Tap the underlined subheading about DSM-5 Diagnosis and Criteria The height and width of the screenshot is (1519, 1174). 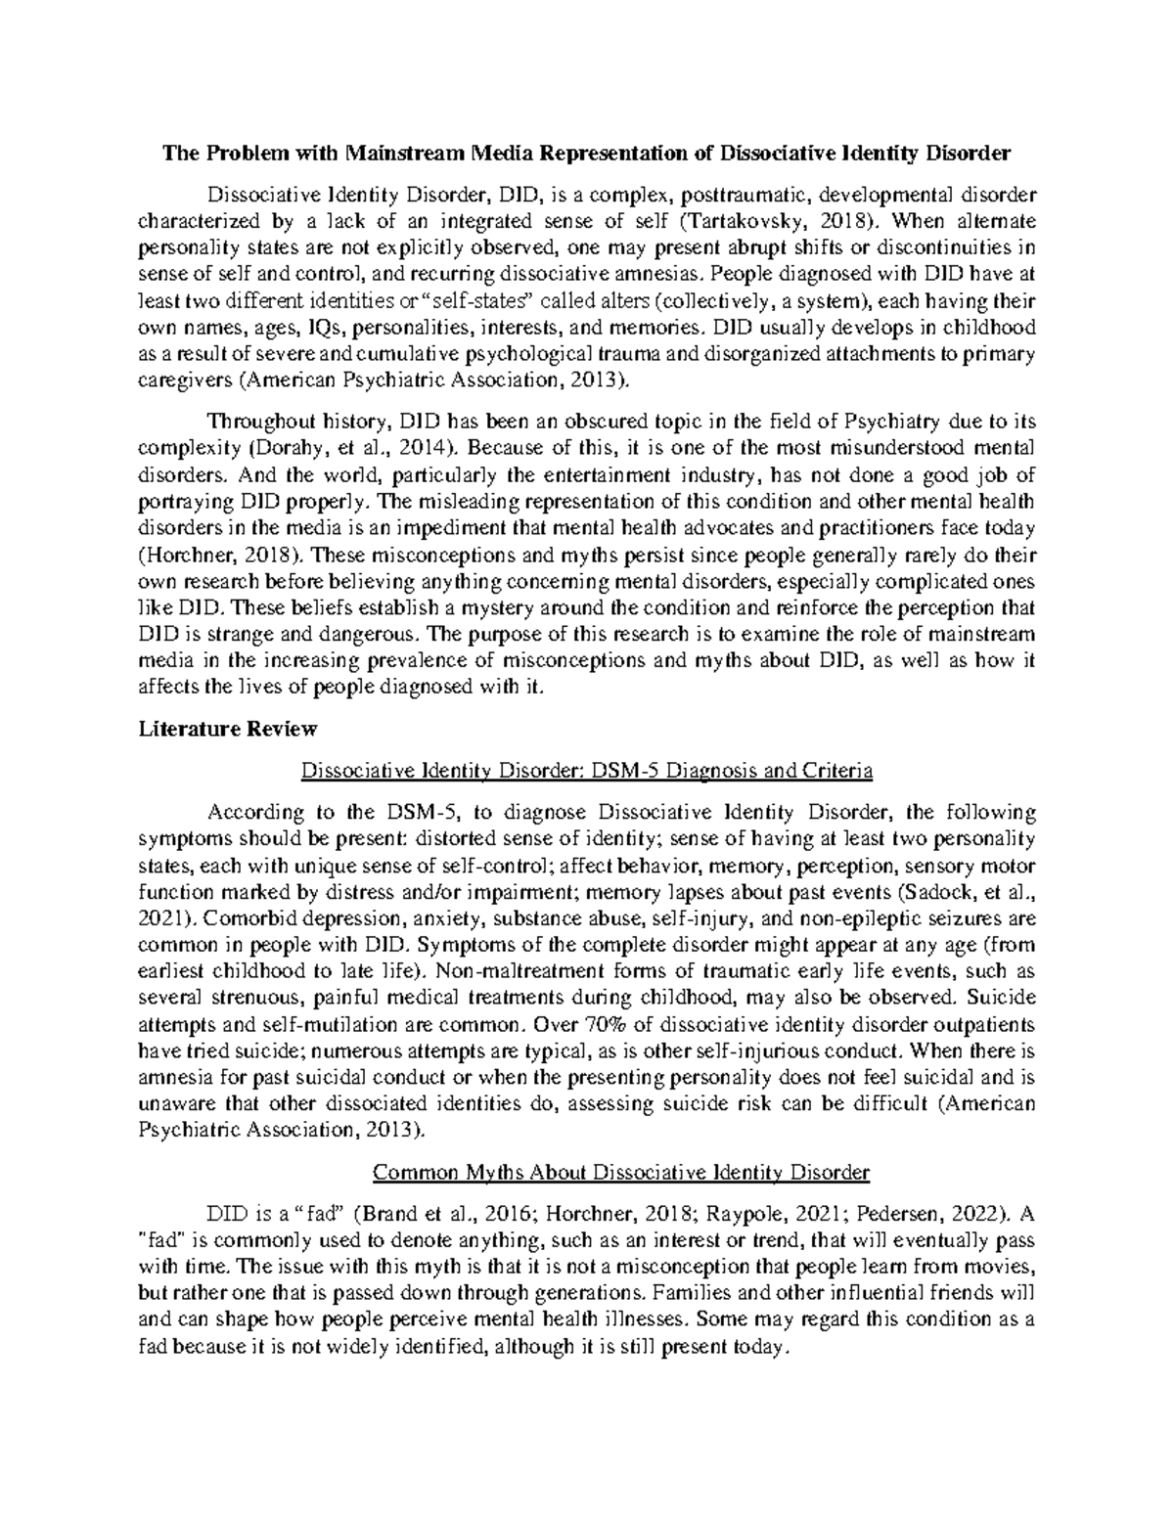pyautogui.click(x=587, y=772)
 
